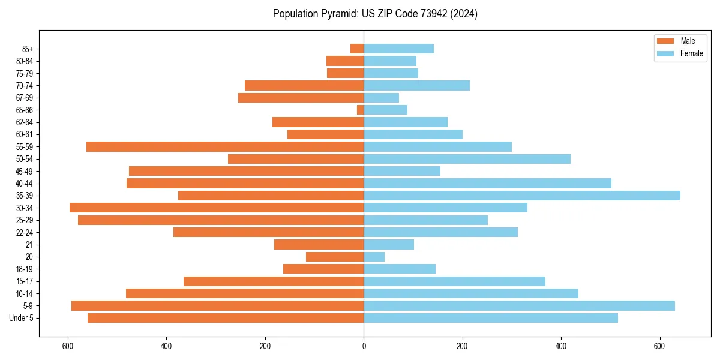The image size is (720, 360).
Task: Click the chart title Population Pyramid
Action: click(x=375, y=14)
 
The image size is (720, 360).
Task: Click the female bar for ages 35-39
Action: click(x=521, y=196)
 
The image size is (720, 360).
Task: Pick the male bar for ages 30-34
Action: click(x=217, y=208)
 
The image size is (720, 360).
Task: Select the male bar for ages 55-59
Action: click(x=225, y=146)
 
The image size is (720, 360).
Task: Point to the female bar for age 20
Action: click(x=374, y=257)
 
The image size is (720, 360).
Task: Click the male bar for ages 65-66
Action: click(x=360, y=110)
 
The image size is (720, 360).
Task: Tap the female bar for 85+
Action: click(x=398, y=49)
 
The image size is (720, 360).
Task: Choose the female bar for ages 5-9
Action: click(x=519, y=305)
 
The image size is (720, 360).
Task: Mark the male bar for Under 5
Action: click(x=226, y=318)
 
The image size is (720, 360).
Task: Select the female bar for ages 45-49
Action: click(x=402, y=171)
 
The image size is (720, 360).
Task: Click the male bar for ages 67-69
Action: click(x=301, y=98)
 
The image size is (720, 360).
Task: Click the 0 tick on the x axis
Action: click(x=364, y=346)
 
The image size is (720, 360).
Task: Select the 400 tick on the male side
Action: click(x=166, y=346)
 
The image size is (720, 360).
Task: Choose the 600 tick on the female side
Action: click(x=659, y=346)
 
